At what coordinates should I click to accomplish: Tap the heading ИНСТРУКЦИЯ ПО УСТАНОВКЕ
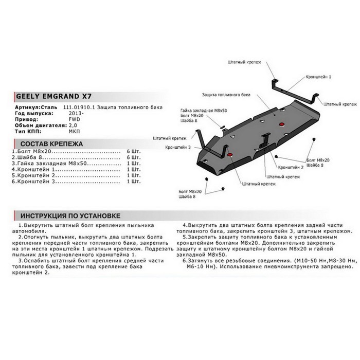pyautogui.click(x=70, y=215)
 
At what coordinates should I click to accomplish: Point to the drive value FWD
pyautogui.click(x=74, y=118)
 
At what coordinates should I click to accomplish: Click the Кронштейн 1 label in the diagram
pyautogui.click(x=318, y=76)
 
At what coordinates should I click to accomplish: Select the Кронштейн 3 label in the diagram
pyautogui.click(x=178, y=147)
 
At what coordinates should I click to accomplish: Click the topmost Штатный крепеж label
pyautogui.click(x=244, y=61)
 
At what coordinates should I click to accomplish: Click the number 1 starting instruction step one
pyautogui.click(x=20, y=226)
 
